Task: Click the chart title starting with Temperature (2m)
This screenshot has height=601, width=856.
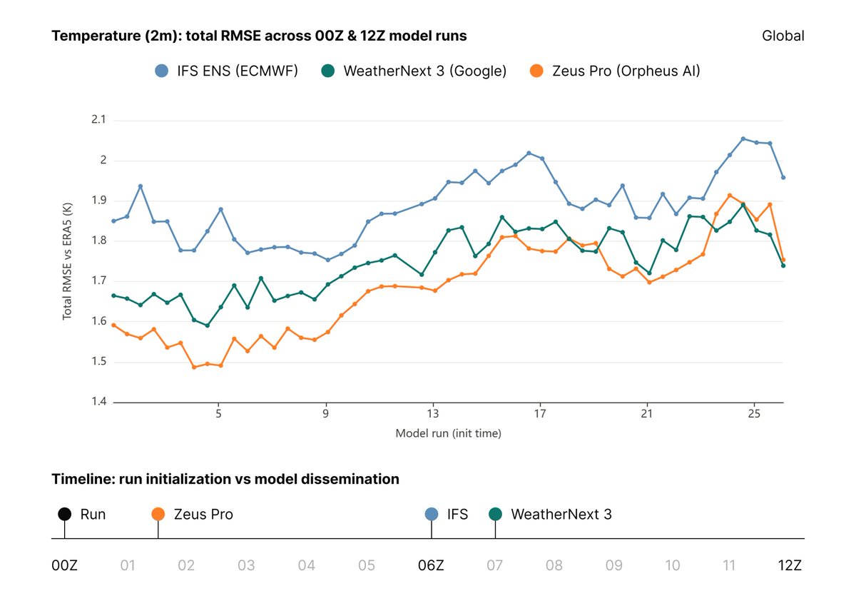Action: pyautogui.click(x=259, y=36)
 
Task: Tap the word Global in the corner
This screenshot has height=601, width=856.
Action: pyautogui.click(x=783, y=36)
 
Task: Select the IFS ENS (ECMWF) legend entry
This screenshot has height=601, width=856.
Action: pyautogui.click(x=226, y=71)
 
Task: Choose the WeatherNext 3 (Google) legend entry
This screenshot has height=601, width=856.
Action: pyautogui.click(x=414, y=71)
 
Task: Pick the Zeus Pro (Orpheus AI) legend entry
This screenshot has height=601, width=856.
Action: pyautogui.click(x=615, y=71)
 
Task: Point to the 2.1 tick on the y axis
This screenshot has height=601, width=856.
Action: pyautogui.click(x=98, y=119)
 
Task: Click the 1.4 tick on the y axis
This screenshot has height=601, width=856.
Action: pyautogui.click(x=98, y=401)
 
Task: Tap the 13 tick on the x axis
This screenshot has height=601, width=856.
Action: pyautogui.click(x=432, y=413)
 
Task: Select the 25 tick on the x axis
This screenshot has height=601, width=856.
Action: pyautogui.click(x=754, y=413)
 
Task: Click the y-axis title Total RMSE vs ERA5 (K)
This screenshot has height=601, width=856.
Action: pyautogui.click(x=67, y=261)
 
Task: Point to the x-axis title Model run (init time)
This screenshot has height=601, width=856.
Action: pyautogui.click(x=448, y=433)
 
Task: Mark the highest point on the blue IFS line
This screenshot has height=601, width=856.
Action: pyautogui.click(x=743, y=138)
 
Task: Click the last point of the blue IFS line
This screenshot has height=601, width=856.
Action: pyautogui.click(x=783, y=178)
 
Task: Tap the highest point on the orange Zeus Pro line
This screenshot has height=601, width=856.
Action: pyautogui.click(x=730, y=196)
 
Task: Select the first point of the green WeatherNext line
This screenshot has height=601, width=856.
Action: pyautogui.click(x=113, y=296)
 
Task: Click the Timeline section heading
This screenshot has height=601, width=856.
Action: pyautogui.click(x=225, y=479)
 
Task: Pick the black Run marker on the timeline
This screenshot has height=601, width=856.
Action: pyautogui.click(x=65, y=514)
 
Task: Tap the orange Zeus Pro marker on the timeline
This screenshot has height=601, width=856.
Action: pyautogui.click(x=158, y=514)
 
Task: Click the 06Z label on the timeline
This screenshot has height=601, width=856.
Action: pyautogui.click(x=431, y=565)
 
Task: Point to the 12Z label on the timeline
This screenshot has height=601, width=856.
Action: pyautogui.click(x=790, y=565)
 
